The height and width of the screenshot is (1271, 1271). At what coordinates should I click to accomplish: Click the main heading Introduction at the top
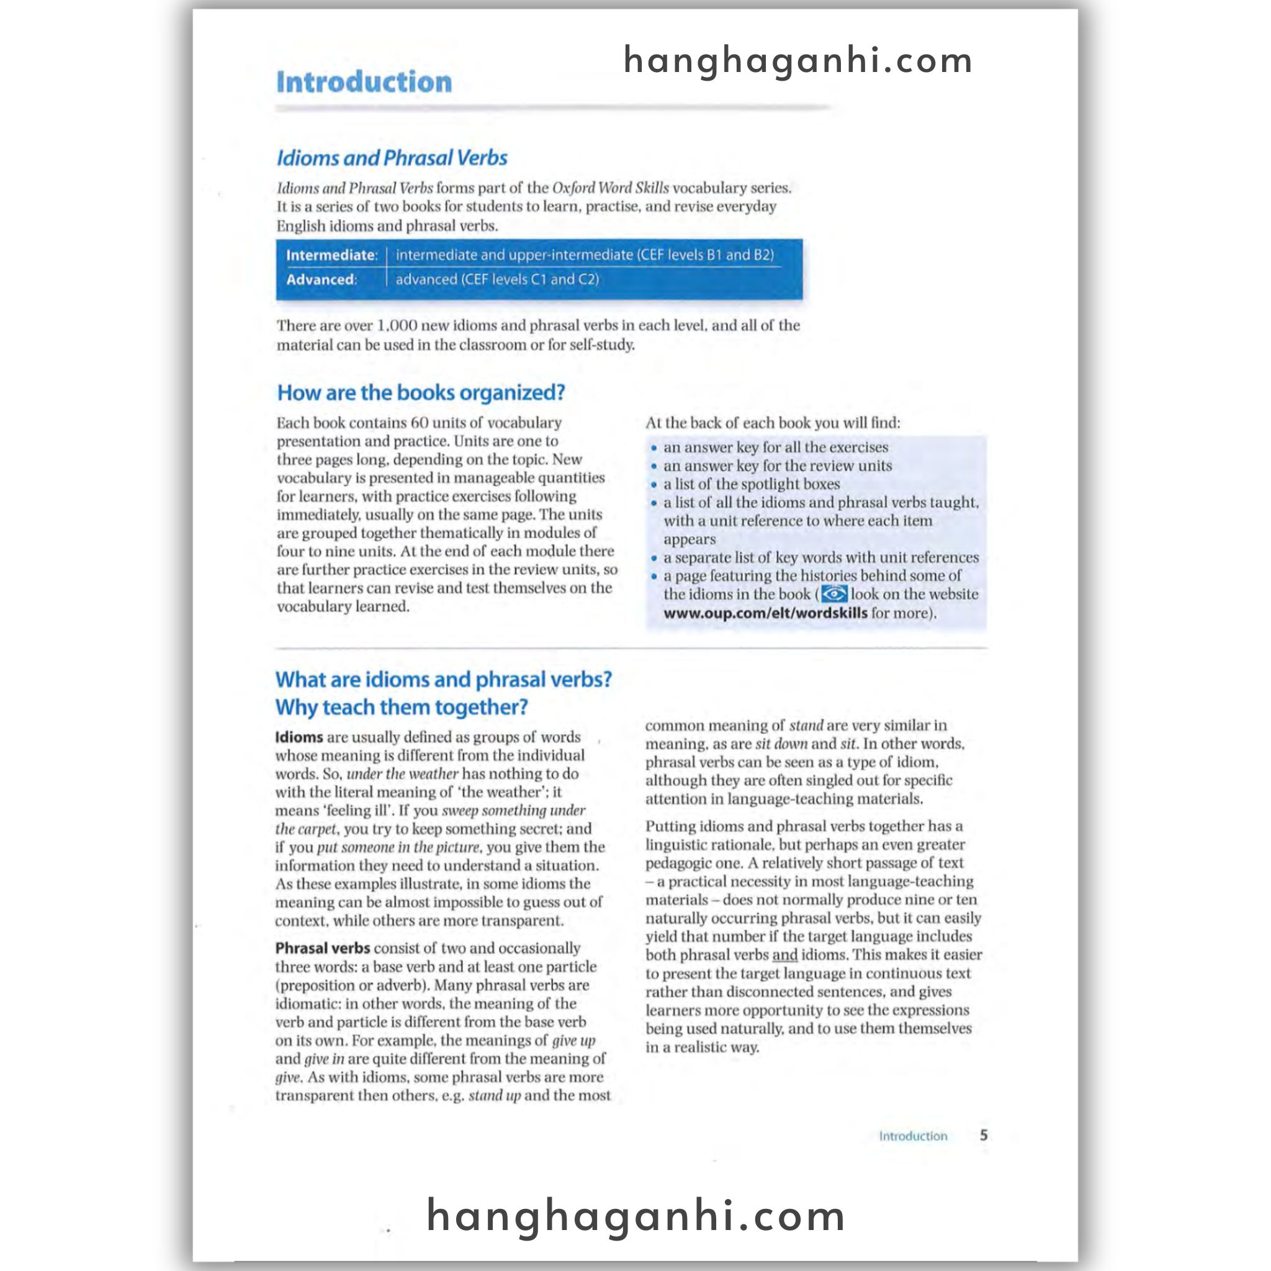[364, 83]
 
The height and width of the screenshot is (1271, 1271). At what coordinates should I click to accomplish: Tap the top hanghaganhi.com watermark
[797, 61]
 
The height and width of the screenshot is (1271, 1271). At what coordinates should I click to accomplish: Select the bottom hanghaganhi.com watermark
[636, 1216]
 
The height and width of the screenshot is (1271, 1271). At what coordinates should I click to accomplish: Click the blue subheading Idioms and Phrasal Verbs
[392, 158]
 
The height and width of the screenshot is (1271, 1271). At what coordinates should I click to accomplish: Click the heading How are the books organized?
[421, 393]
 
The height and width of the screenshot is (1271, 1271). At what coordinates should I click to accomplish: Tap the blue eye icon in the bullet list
[834, 594]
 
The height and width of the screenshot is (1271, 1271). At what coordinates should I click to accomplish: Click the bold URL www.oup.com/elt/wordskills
[765, 613]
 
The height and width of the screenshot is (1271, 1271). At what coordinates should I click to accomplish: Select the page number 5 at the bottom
[984, 1135]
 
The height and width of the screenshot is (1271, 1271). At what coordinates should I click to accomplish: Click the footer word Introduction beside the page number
[913, 1136]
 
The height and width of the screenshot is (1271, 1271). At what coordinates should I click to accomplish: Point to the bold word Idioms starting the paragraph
[299, 737]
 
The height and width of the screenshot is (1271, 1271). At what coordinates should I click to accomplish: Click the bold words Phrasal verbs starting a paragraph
[322, 948]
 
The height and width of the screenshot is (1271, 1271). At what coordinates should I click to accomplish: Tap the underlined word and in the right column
[784, 954]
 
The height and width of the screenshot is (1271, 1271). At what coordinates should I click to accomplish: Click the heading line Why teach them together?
[402, 707]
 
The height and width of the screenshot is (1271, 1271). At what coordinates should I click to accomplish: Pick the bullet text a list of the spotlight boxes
[752, 484]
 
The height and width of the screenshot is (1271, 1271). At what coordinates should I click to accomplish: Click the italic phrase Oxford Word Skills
[610, 188]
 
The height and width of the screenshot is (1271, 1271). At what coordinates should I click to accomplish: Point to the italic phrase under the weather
[403, 774]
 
